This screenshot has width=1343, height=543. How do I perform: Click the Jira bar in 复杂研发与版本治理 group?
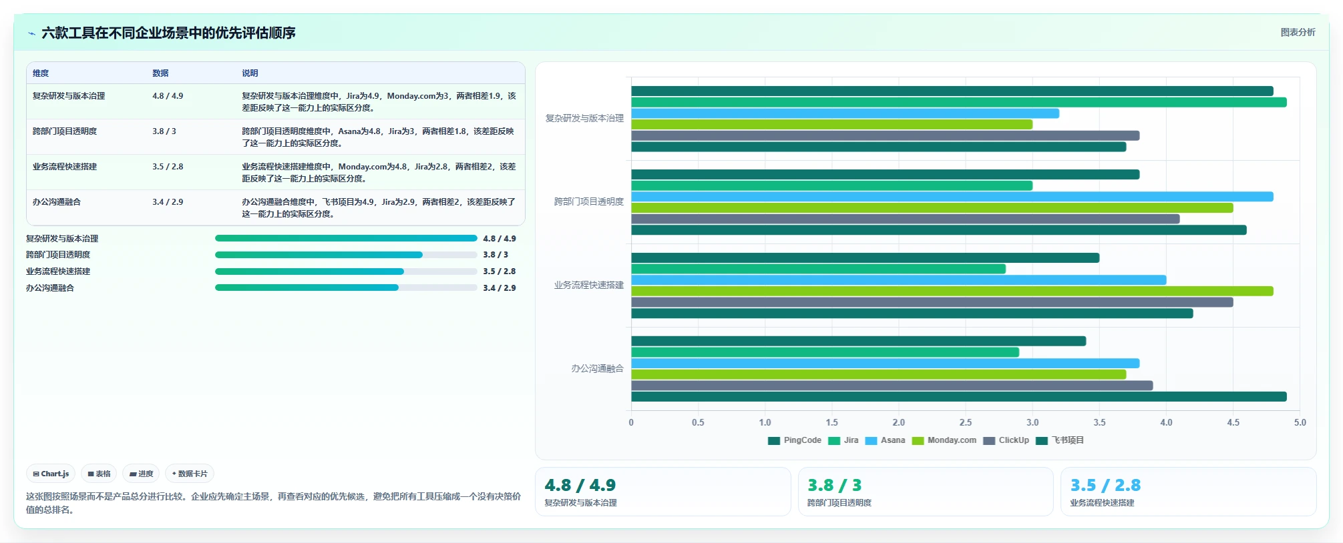[958, 102]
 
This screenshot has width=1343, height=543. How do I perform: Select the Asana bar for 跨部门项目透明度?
[952, 197]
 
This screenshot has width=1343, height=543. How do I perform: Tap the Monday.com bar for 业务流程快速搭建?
[952, 291]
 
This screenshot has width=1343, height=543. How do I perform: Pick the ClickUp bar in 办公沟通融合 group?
[892, 386]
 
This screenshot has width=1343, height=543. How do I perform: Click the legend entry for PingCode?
[795, 440]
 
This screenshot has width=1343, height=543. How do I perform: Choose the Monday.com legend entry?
[944, 440]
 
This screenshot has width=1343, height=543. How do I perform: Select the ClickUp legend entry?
[1006, 440]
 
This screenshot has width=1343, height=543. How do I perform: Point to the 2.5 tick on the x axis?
[966, 422]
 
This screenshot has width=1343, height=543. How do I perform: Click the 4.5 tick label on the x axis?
[1233, 422]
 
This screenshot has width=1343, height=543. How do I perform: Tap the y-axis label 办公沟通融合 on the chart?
[597, 368]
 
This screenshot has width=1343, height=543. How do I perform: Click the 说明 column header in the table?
[250, 73]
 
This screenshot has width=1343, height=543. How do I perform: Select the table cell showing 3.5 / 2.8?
[168, 167]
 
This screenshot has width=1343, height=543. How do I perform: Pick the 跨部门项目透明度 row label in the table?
[65, 131]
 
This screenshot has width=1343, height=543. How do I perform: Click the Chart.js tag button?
[51, 474]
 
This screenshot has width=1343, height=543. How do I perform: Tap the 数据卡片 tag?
[190, 474]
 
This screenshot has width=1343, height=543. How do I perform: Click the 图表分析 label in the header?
[1298, 32]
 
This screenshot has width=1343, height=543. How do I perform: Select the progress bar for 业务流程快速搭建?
[346, 271]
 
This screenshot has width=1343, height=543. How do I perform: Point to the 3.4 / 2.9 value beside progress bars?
[500, 288]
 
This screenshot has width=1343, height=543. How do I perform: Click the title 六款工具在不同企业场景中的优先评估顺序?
[168, 33]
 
